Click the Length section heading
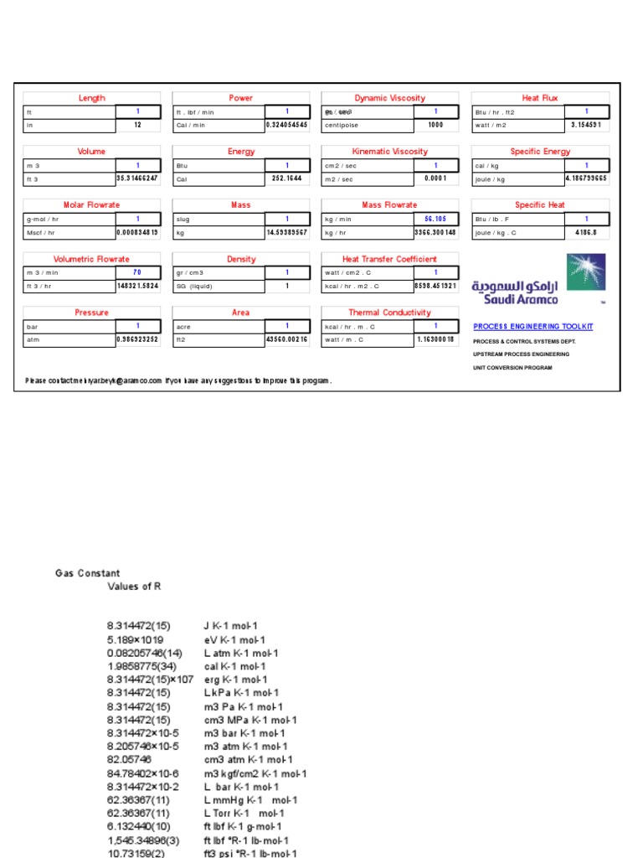click(92, 98)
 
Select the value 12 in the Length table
click(137, 125)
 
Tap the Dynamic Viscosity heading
click(389, 98)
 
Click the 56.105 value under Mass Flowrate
click(436, 219)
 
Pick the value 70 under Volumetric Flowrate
click(137, 272)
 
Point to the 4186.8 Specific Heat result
click(586, 232)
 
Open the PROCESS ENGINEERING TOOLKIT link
click(532, 326)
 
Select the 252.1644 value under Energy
click(286, 178)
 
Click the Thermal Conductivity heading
click(389, 313)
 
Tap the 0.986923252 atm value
click(137, 339)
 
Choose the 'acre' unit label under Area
click(185, 326)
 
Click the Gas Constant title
click(87, 574)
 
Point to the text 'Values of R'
click(134, 587)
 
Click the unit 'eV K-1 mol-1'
click(235, 639)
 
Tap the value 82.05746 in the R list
click(129, 760)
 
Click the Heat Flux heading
click(540, 98)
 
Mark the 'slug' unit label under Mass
click(183, 219)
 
